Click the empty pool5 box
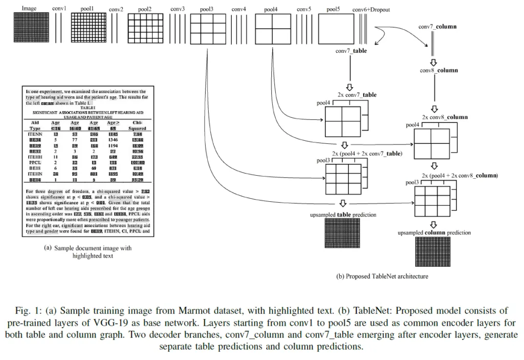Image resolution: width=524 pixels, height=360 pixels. coord(336,24)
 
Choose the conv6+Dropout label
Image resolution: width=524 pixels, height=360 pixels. coord(372,10)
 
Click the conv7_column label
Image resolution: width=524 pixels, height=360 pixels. coord(437,26)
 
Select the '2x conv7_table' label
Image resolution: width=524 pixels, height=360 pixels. coord(357,95)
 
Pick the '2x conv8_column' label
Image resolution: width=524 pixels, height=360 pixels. coord(445,117)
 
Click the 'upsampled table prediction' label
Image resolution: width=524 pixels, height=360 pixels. coord(343,215)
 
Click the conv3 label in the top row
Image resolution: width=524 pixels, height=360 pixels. coord(178,9)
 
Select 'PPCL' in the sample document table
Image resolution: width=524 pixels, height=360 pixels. coord(35,161)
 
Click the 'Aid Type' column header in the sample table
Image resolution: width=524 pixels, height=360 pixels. coord(35,125)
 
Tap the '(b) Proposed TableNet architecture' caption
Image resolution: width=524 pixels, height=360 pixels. coord(382,277)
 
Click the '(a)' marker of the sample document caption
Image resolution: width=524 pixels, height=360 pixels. coord(48,248)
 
